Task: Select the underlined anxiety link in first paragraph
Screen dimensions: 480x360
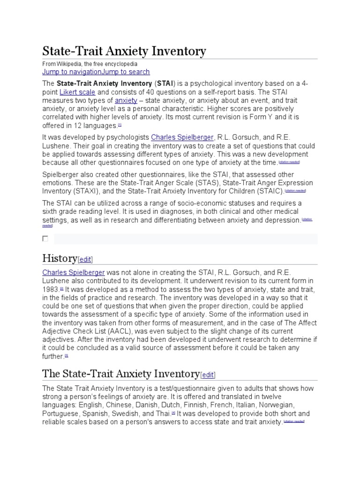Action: click(126, 100)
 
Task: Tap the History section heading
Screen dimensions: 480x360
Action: click(60, 258)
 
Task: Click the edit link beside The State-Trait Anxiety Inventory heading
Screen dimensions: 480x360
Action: click(208, 374)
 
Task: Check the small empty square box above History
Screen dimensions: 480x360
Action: click(45, 239)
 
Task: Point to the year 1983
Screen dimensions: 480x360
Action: click(51, 289)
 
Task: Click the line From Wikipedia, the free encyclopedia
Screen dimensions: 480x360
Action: click(90, 63)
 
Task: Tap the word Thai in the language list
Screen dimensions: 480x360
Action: click(163, 413)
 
